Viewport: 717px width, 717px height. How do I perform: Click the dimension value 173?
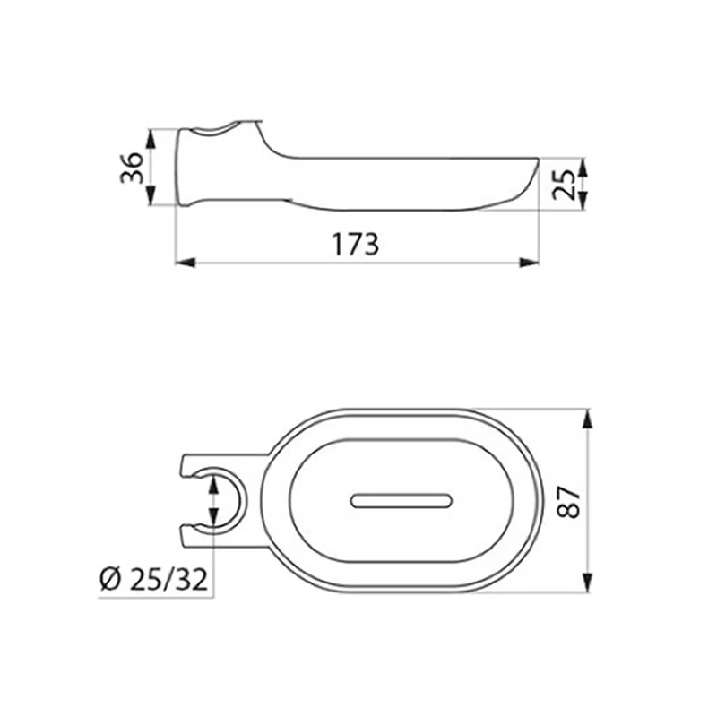point(356,243)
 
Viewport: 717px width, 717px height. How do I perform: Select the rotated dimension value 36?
point(131,168)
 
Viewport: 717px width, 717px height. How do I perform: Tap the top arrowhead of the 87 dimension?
point(587,419)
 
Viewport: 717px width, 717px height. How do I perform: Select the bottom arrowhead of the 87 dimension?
point(587,583)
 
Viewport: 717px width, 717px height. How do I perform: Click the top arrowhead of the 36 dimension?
point(151,137)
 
